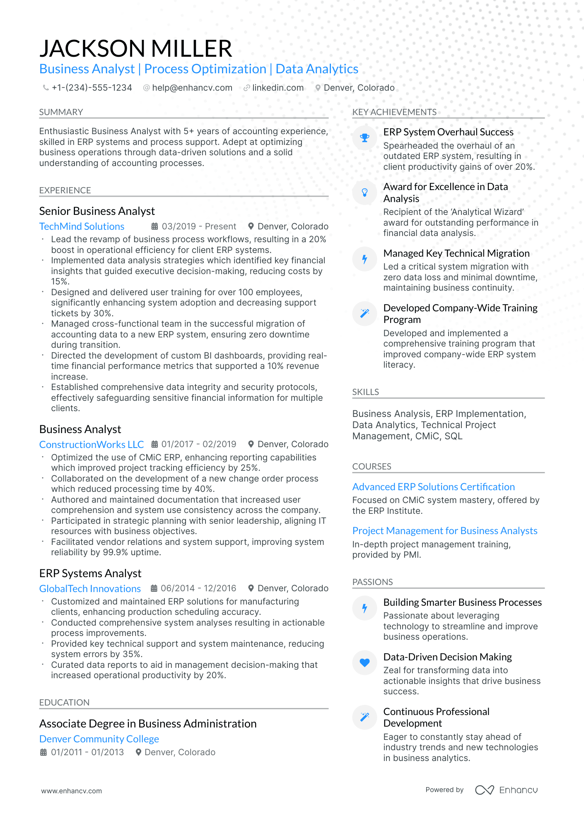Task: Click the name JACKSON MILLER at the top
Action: [x=135, y=48]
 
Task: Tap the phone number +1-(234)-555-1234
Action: [x=92, y=88]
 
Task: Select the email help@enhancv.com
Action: [x=192, y=88]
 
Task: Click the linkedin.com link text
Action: [x=278, y=88]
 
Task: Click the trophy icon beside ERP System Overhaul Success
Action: [x=364, y=138]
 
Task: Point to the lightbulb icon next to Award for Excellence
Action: [x=364, y=193]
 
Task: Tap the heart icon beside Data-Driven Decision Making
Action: [x=364, y=662]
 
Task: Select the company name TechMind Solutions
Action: [x=82, y=226]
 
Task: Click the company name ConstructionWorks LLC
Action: [x=92, y=444]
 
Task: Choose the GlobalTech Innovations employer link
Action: [x=90, y=588]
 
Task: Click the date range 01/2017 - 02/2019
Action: [x=198, y=444]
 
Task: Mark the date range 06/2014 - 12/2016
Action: [x=198, y=588]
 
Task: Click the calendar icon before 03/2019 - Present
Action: [x=154, y=226]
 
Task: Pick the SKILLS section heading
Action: [x=365, y=392]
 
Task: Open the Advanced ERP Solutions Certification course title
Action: [x=433, y=487]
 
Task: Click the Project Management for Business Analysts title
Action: [x=444, y=531]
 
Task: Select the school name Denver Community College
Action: [x=99, y=739]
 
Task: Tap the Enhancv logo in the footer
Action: [x=506, y=790]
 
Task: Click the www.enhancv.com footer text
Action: [x=71, y=791]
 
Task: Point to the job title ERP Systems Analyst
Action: [x=90, y=573]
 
